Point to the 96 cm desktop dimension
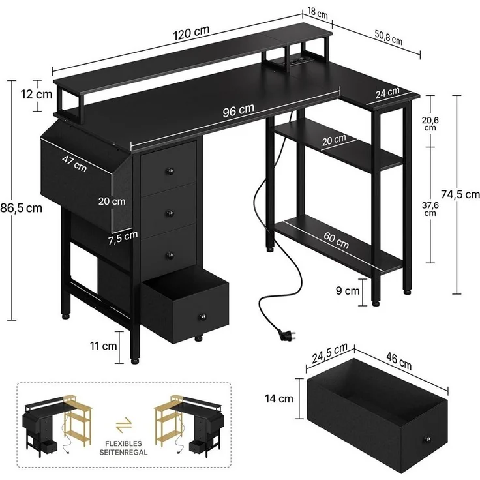click(x=238, y=110)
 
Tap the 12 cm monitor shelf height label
click(x=36, y=94)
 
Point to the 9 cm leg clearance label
click(x=348, y=292)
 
